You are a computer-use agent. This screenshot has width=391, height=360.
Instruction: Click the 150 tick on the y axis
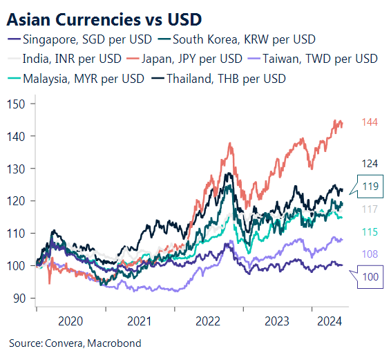pyautogui.click(x=17, y=104)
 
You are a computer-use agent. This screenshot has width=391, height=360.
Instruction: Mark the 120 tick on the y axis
pyautogui.click(x=17, y=201)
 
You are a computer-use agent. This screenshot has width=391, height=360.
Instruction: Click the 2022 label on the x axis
pyautogui.click(x=208, y=321)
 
